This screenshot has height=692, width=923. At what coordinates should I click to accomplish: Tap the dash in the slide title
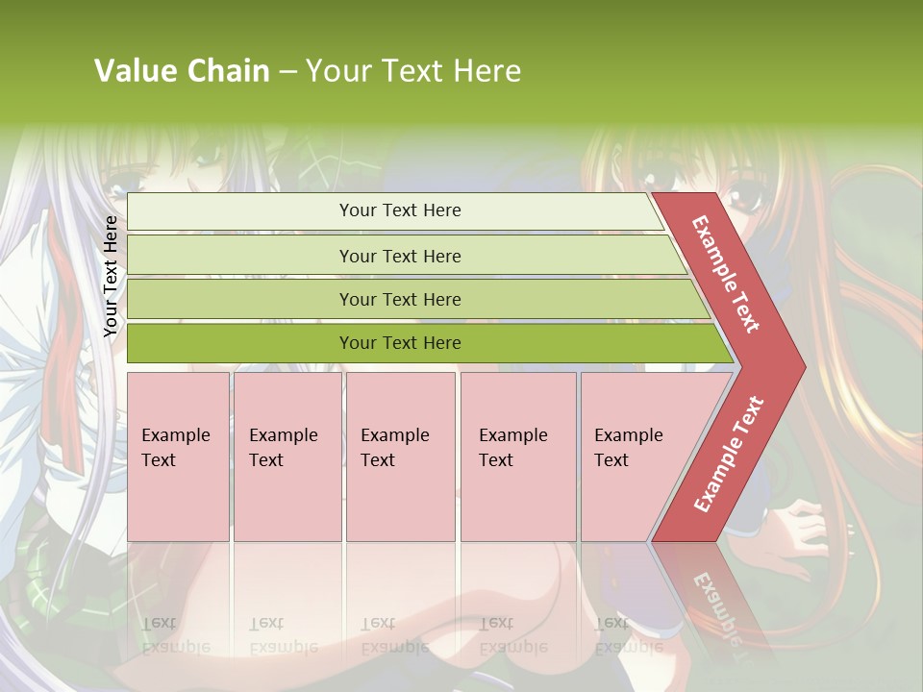(287, 72)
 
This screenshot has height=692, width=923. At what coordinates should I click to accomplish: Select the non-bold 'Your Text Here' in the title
(413, 71)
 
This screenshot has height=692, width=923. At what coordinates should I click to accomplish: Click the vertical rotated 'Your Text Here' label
(111, 276)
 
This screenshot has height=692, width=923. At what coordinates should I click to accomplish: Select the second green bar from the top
(400, 256)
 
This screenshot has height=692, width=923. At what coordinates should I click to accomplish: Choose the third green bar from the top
(400, 299)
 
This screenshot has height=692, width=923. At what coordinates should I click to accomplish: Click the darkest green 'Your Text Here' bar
(400, 343)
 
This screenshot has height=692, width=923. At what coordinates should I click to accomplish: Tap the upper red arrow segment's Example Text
(726, 274)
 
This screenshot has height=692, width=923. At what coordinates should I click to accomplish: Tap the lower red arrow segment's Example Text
(729, 455)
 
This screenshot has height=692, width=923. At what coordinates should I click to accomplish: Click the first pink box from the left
(178, 457)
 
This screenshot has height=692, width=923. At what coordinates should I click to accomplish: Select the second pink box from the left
(287, 457)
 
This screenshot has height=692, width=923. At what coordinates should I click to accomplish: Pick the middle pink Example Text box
(400, 457)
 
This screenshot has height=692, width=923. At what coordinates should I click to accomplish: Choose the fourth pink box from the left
(517, 457)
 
